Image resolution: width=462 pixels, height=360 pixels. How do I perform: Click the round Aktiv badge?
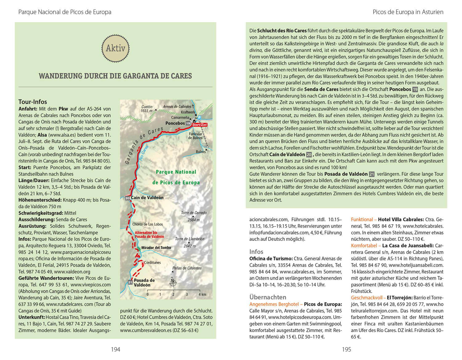pos(115,48)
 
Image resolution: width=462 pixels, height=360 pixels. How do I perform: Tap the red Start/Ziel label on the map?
pos(200,125)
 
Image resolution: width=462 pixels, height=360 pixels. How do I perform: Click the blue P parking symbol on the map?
pos(199,118)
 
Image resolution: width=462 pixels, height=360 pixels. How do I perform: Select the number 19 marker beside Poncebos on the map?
pos(188,123)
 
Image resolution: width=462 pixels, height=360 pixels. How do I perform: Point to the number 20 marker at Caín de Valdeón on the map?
pos(128,198)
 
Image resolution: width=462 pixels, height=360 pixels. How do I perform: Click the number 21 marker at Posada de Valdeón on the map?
pos(130,282)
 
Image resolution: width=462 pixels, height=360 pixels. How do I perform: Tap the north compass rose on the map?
pos(173,282)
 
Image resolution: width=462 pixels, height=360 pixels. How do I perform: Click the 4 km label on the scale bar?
pos(202,294)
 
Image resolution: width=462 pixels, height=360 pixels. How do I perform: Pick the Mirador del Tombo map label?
pos(156,248)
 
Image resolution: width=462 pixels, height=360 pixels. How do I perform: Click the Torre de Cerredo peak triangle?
pos(193,216)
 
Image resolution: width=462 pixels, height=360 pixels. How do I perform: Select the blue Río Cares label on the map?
pos(144,153)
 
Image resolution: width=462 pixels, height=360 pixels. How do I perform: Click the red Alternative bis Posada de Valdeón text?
pos(149,235)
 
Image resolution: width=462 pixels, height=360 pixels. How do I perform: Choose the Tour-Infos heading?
pos(33,102)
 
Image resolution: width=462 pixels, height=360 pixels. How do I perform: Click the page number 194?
pos(115,350)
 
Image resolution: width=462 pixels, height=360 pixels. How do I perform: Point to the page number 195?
pos(346,350)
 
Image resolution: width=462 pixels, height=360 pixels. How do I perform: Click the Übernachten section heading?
pos(268,297)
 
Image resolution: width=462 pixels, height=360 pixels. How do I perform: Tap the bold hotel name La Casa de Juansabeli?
pos(408,246)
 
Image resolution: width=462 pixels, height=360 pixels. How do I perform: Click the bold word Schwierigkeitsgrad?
pos(41,213)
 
